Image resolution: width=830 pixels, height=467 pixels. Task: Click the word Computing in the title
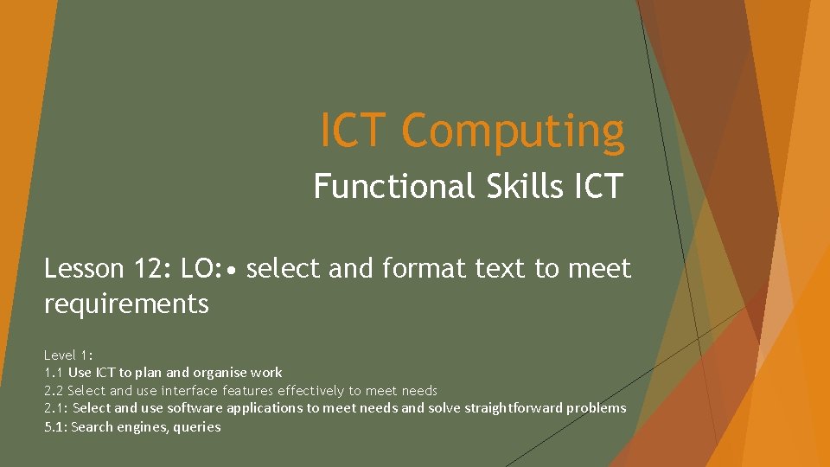click(513, 132)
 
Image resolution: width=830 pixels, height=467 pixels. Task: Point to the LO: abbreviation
click(201, 269)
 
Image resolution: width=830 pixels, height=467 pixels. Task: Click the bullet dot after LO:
click(231, 270)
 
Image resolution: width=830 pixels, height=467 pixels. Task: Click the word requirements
click(126, 304)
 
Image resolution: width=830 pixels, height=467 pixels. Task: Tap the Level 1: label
click(68, 355)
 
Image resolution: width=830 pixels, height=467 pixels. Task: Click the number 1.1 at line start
click(54, 373)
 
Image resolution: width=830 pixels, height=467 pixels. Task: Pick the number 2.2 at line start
click(54, 391)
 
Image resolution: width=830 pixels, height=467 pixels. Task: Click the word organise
click(220, 373)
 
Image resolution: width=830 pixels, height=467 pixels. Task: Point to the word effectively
click(310, 391)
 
